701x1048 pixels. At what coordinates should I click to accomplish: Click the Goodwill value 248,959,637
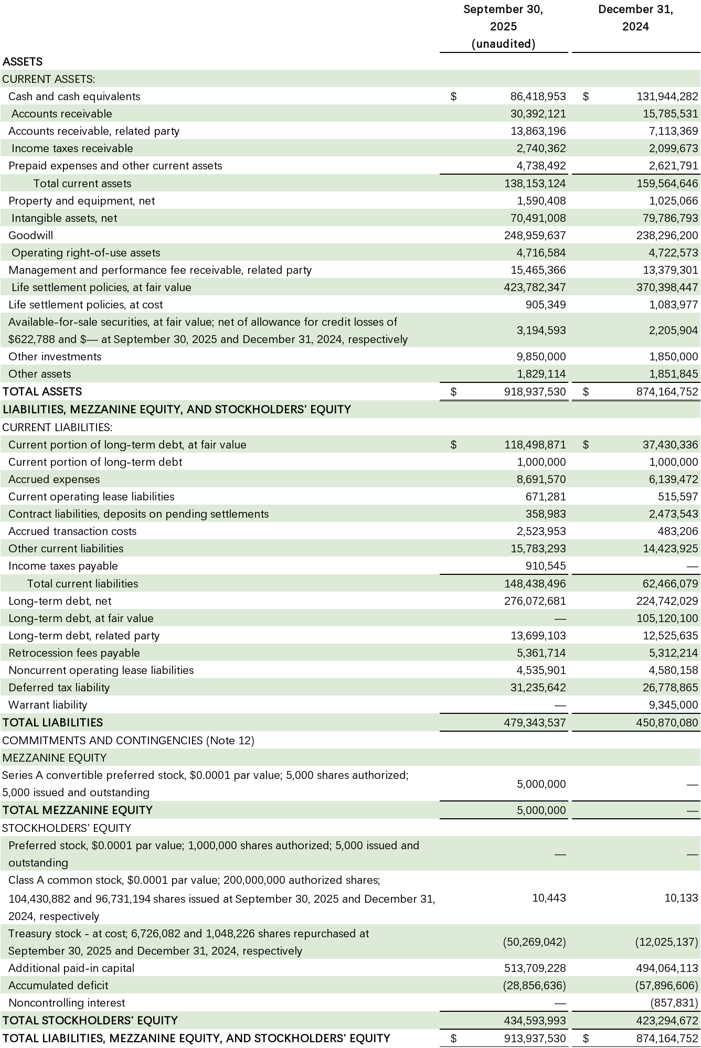pos(535,236)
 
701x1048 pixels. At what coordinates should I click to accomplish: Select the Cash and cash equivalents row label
pos(74,97)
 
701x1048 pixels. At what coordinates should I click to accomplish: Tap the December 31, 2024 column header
pos(635,18)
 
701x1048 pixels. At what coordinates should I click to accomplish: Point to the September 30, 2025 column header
pos(503,26)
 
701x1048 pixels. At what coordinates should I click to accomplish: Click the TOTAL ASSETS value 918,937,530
pos(535,392)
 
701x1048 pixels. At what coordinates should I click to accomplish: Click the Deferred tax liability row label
pos(59,688)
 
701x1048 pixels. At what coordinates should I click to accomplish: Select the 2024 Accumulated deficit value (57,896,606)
pos(666,986)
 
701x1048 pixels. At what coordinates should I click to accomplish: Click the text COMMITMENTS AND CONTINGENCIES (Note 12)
pos(128,741)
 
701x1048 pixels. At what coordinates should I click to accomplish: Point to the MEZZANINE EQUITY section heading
pos(54,758)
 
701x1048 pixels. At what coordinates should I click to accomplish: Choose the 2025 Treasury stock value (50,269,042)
pos(534,942)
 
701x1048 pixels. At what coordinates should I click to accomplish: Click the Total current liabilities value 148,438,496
pos(535,584)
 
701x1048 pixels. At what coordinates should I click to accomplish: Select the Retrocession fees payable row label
pos(74,653)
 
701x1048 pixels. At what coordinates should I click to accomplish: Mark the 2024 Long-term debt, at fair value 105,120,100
pos(667,618)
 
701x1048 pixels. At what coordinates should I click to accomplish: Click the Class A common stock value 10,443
pos(549,898)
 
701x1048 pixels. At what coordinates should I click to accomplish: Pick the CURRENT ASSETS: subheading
pos(48,79)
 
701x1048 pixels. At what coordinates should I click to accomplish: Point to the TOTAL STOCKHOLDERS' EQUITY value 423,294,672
pos(667,1020)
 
